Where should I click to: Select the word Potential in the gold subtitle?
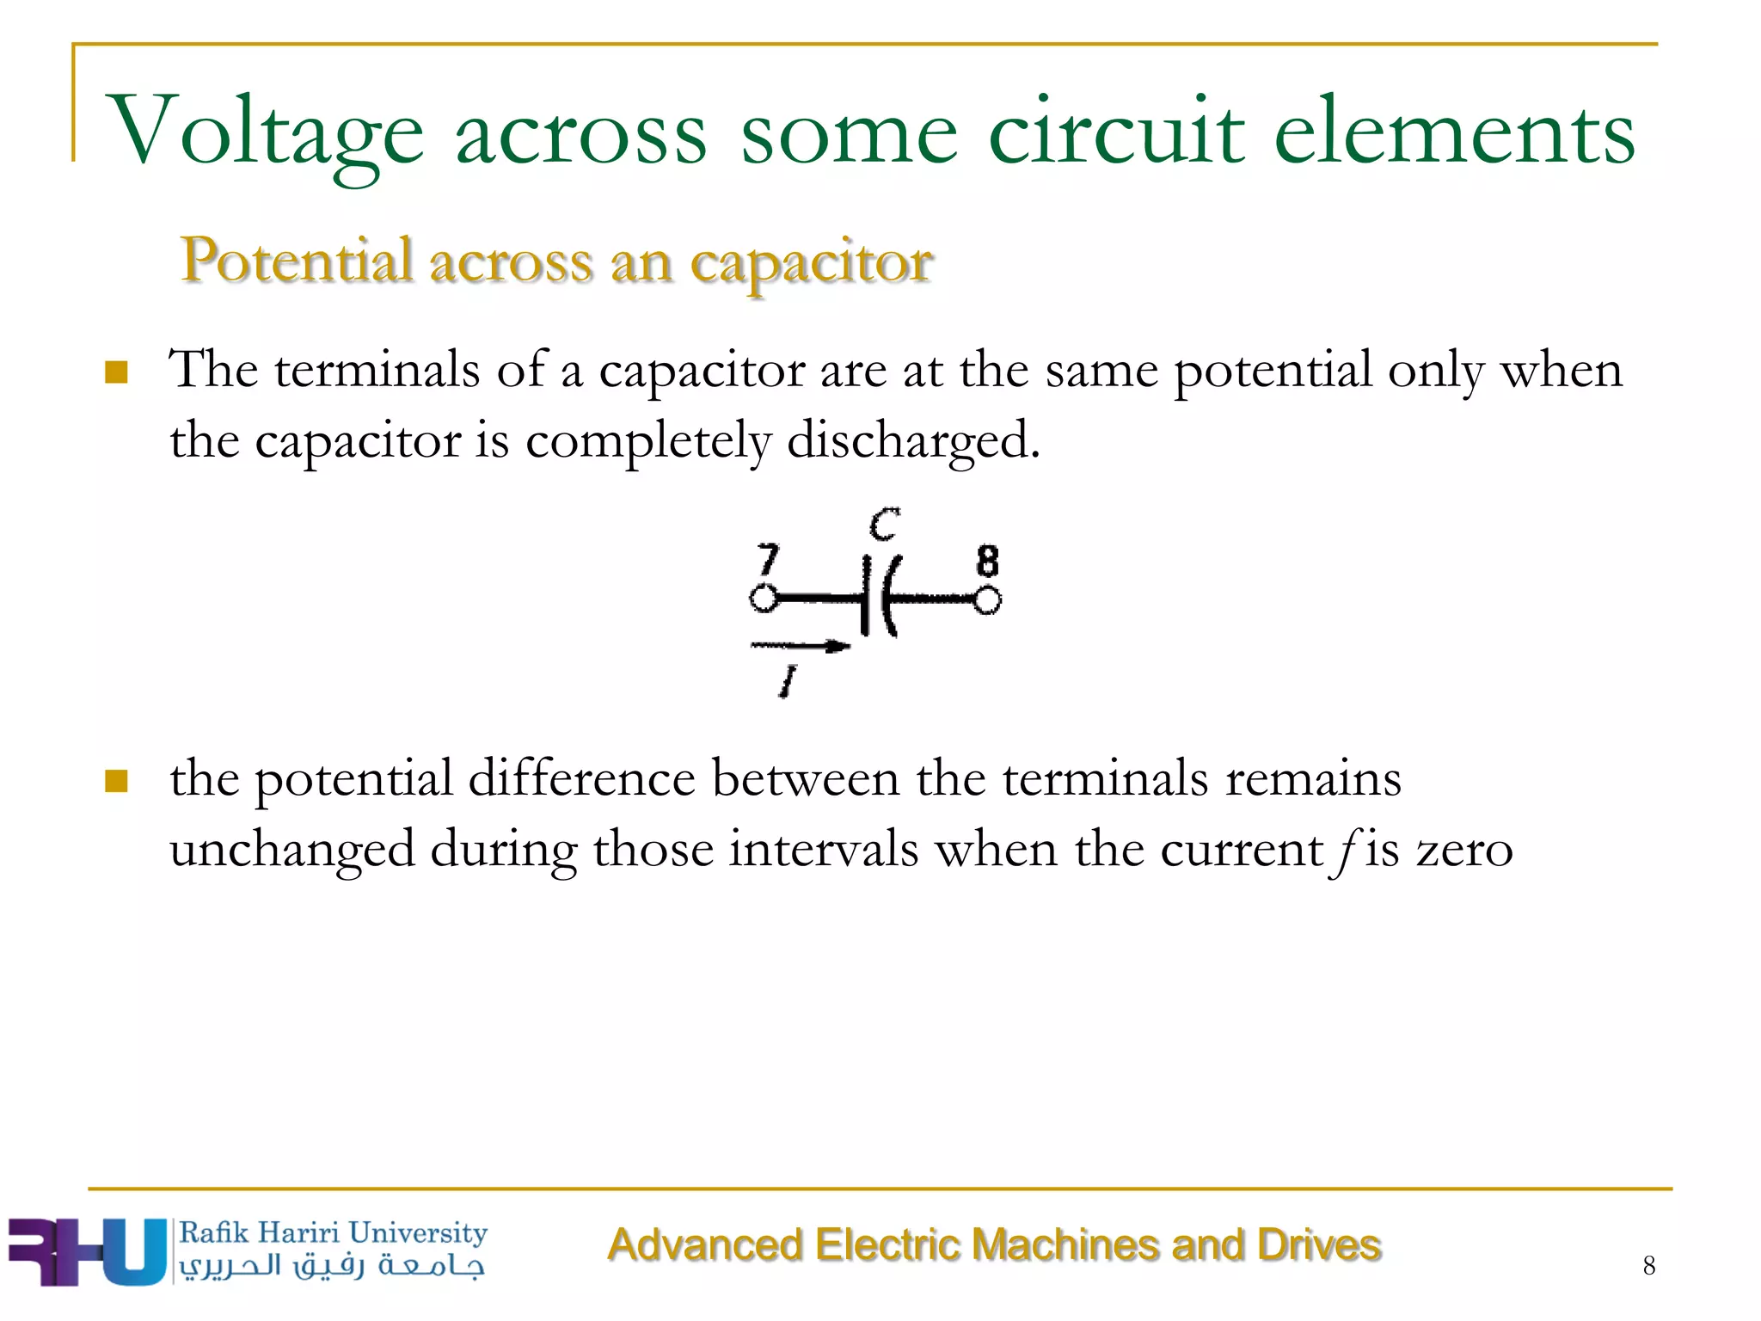(296, 260)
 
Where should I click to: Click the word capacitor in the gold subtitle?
(812, 261)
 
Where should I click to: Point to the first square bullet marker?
(116, 372)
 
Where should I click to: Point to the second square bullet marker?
(116, 781)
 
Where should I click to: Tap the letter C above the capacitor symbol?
(883, 524)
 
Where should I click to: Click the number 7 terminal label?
(767, 559)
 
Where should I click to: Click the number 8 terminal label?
(988, 561)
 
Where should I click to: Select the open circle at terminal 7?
(763, 598)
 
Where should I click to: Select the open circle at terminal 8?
(987, 599)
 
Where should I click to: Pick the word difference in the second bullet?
(581, 779)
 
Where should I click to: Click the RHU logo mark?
(86, 1252)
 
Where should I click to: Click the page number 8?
(1648, 1266)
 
